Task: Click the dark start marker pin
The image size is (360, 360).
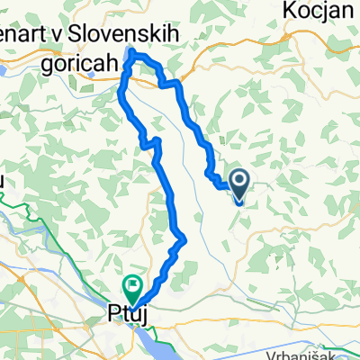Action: tap(241, 183)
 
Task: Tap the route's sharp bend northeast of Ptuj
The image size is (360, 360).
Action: tap(184, 238)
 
